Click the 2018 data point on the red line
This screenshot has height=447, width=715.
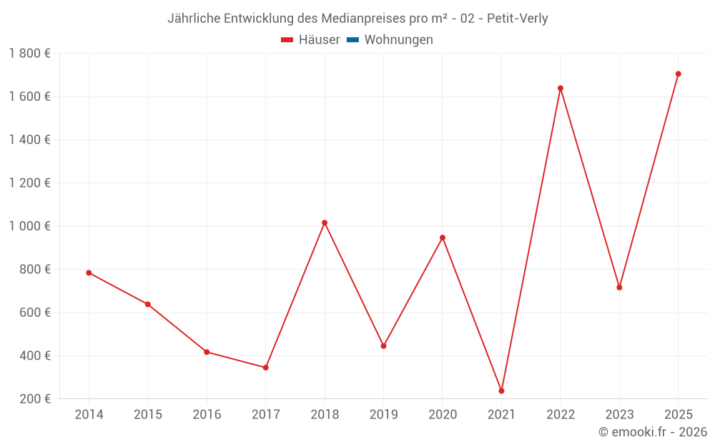coord(325,222)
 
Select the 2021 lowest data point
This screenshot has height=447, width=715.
coord(501,390)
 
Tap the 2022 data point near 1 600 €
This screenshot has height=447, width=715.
coord(561,88)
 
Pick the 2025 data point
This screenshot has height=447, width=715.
coord(679,74)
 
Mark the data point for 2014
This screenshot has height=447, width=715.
coord(89,272)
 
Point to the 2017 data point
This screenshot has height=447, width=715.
coord(265,368)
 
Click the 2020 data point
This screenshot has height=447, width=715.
coord(443,237)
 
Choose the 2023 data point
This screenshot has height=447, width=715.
coord(619,288)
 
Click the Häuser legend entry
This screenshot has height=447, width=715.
coord(310,40)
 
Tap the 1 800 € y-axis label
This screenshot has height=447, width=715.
coord(30,54)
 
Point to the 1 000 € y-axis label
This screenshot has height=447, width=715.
coord(30,226)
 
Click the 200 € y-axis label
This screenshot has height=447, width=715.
coord(35,399)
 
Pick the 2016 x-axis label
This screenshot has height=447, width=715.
coord(207,415)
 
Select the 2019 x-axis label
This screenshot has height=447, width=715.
coord(383,415)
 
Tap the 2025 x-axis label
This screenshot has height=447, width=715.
coord(679,415)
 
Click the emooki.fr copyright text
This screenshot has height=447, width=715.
coord(653,432)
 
